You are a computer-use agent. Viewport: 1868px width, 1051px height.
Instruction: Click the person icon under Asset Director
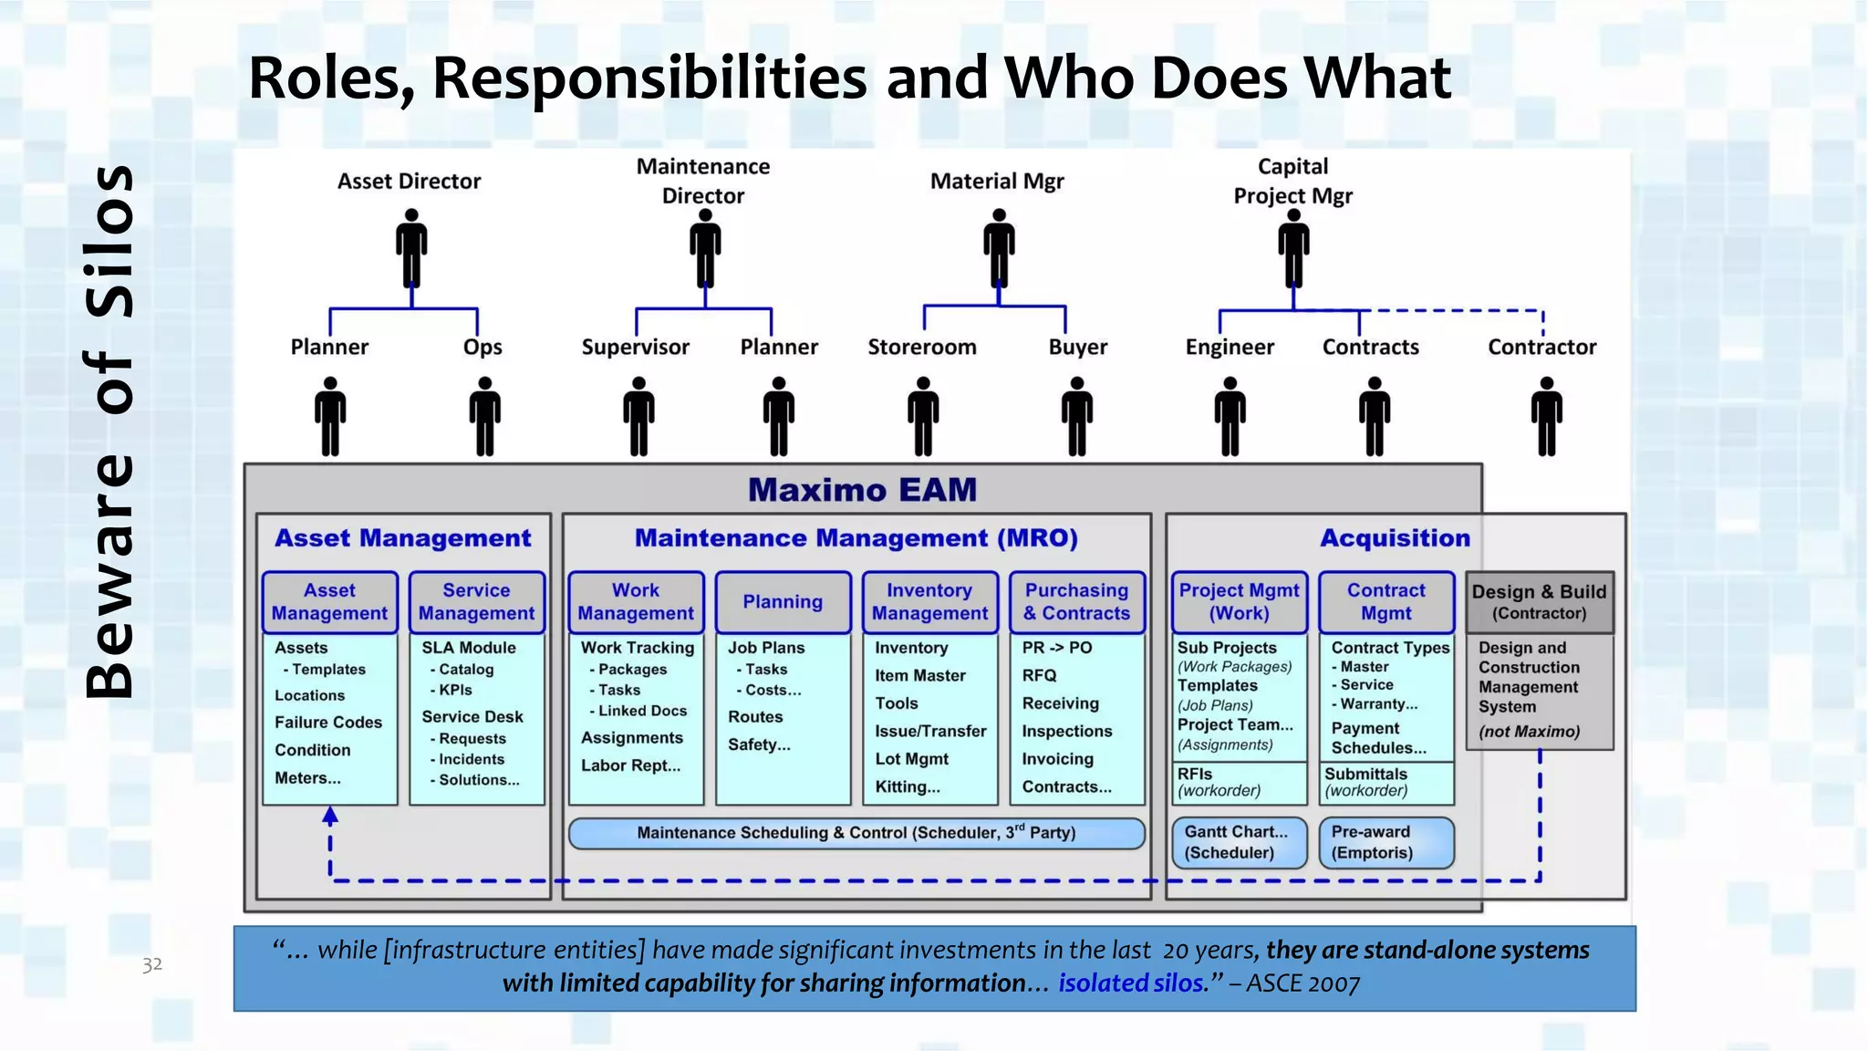point(411,248)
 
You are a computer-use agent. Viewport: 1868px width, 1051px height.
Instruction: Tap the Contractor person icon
point(1546,416)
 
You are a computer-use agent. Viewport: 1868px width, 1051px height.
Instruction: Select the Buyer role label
point(1077,347)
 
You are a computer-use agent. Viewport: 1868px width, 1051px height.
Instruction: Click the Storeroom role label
point(921,347)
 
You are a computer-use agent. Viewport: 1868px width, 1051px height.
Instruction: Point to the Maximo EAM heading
point(862,490)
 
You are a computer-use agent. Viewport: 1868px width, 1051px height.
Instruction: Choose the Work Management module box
point(636,602)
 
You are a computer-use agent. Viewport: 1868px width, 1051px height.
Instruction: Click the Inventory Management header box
point(929,602)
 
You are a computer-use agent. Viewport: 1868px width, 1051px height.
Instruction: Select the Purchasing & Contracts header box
point(1076,602)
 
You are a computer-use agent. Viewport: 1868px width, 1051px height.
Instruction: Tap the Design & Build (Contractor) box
point(1539,602)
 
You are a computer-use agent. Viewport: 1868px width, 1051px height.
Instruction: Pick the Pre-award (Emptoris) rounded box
point(1385,842)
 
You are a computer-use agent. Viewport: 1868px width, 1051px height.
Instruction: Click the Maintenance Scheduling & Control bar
point(856,833)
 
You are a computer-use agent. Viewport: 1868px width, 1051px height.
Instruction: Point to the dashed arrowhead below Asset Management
point(330,816)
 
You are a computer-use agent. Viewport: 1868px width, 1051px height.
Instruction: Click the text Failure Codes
point(328,723)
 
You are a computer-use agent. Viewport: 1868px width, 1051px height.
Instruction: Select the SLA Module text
point(469,648)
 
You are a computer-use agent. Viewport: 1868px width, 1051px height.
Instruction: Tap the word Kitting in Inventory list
point(907,786)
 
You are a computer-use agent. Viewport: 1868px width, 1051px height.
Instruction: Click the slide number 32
point(152,964)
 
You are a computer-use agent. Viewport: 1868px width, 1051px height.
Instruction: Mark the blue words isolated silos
point(1131,983)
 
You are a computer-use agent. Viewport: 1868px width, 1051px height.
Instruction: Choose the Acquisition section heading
point(1395,538)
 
